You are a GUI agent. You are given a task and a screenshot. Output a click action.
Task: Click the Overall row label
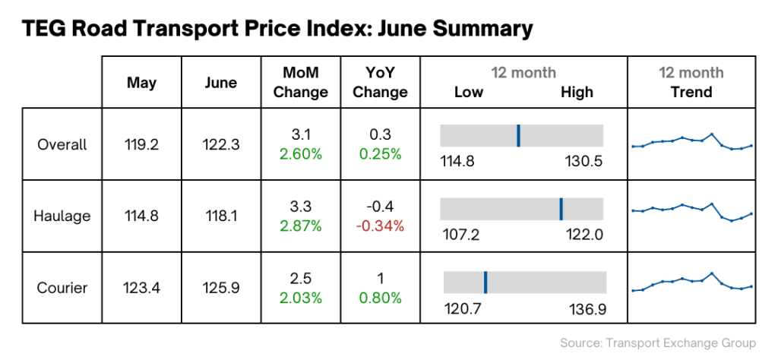[x=62, y=144]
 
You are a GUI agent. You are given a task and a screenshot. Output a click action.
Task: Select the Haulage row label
[x=62, y=216]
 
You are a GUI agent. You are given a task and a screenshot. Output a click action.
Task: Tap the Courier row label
[x=62, y=288]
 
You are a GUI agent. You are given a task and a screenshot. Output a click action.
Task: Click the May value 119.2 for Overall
[x=141, y=144]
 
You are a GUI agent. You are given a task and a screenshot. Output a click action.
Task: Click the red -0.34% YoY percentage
[x=381, y=226]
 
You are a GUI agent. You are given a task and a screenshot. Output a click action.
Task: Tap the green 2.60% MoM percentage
[x=300, y=154]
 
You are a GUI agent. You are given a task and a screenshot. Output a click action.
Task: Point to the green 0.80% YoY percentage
[x=381, y=298]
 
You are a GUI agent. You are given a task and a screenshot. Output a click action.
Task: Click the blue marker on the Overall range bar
[x=518, y=135]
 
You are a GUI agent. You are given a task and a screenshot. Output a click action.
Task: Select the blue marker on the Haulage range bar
[x=561, y=208]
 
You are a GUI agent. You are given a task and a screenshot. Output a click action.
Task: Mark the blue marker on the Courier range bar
[x=485, y=282]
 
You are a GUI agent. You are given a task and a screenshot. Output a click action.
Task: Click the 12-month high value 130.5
[x=583, y=162]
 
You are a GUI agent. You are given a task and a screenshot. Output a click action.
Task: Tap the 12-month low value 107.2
[x=461, y=235]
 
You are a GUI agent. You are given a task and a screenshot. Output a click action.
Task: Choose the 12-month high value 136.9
[x=587, y=309]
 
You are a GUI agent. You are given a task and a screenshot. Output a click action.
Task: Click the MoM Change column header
[x=300, y=82]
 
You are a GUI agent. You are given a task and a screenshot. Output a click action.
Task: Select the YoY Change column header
[x=381, y=82]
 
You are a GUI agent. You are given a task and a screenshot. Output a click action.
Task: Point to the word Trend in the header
[x=691, y=92]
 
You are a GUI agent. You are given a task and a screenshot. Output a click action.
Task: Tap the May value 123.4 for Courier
[x=141, y=288]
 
